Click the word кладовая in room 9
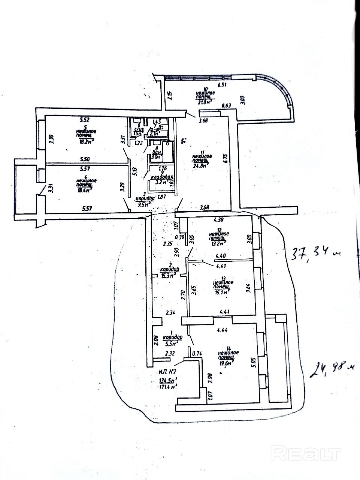pos(161,177)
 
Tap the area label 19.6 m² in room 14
pos(226,362)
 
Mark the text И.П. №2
pos(167,372)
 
